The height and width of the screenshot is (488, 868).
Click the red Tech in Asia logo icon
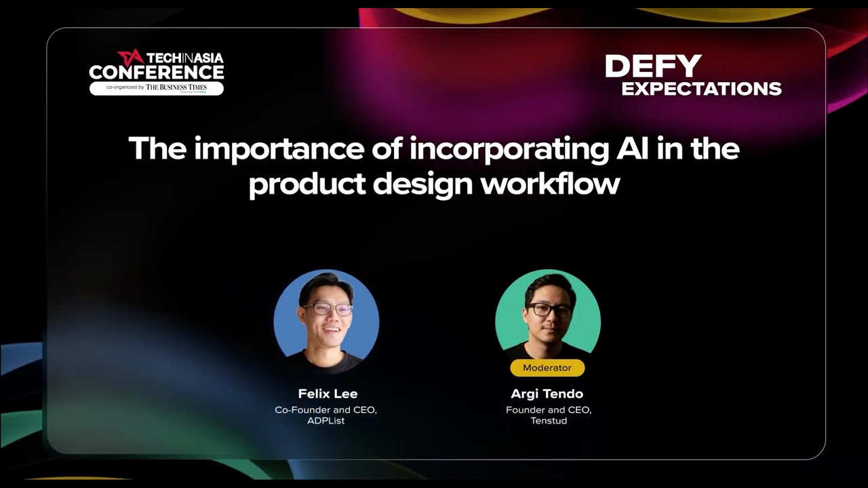130,57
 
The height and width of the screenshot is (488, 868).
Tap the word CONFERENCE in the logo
156,72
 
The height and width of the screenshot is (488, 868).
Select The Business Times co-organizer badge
157,87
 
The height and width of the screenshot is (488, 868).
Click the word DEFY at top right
653,66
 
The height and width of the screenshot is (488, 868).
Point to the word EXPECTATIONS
701,88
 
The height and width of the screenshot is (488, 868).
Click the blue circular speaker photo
326,322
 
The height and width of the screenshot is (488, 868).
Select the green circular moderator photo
548,315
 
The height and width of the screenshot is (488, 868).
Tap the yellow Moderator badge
547,368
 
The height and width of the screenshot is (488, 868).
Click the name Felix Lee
328,394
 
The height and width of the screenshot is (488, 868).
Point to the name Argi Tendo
547,394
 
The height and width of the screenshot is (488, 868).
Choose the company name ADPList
326,421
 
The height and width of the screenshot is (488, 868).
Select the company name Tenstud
548,421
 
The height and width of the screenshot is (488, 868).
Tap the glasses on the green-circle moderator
549,309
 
